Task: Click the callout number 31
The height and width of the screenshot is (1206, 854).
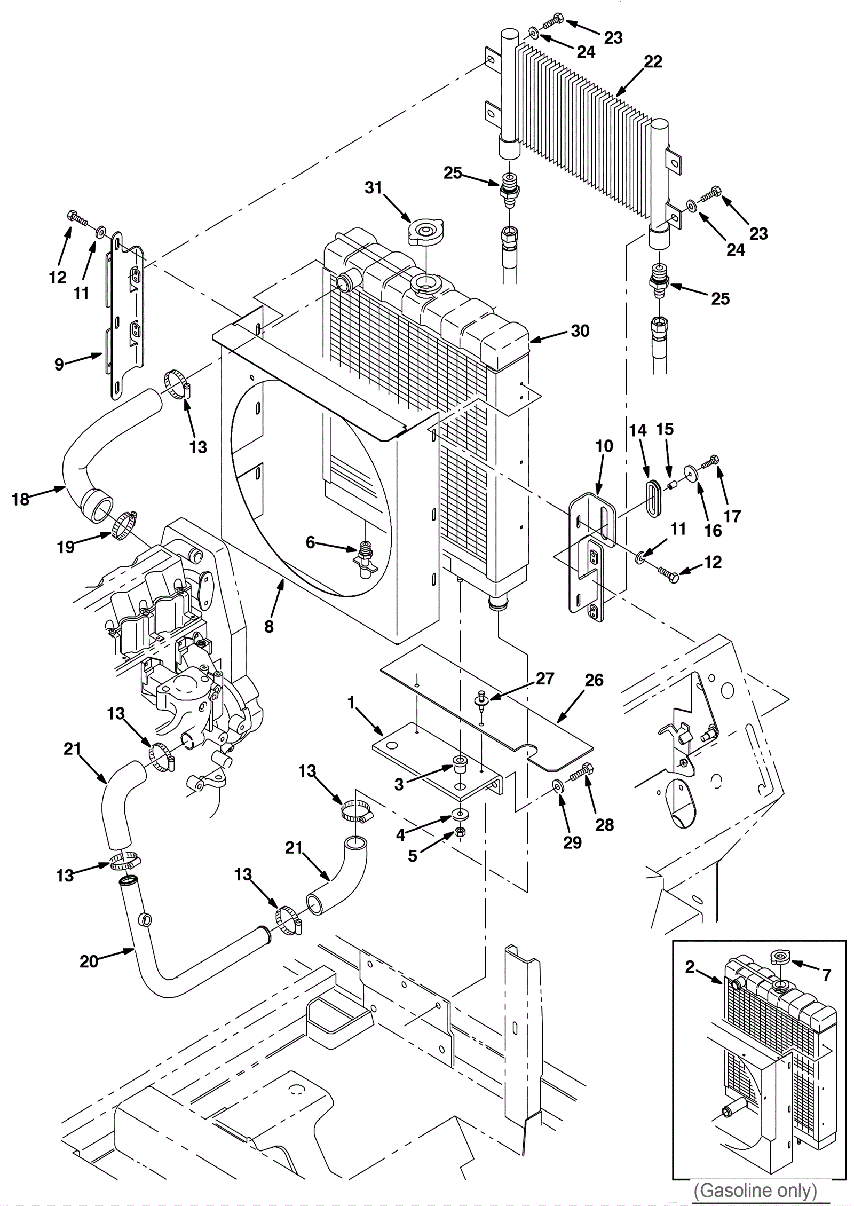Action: coord(373,188)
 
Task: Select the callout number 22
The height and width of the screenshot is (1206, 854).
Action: coord(653,62)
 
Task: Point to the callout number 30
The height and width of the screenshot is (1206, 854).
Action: coord(580,331)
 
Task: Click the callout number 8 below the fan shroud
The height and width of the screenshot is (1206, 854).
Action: coord(269,626)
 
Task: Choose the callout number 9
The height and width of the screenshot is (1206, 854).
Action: coord(59,364)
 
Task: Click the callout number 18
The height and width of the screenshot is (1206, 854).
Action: coord(20,499)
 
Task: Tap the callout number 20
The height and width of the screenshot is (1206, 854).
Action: coord(89,961)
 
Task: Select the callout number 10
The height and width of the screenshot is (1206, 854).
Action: coord(604,446)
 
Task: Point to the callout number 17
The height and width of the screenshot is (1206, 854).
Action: coord(732,516)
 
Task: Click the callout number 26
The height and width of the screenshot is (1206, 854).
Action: coord(594,680)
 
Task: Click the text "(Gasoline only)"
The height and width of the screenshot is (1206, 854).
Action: coord(755,1190)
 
